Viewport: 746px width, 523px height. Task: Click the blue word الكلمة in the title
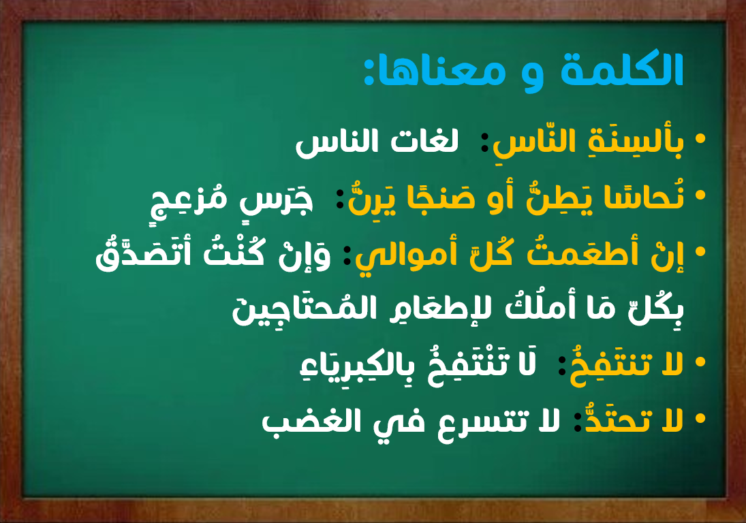(622, 70)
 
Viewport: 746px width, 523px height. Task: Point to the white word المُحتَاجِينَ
(304, 309)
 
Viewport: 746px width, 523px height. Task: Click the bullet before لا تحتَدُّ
(700, 418)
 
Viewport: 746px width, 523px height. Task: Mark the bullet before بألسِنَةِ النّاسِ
(700, 138)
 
